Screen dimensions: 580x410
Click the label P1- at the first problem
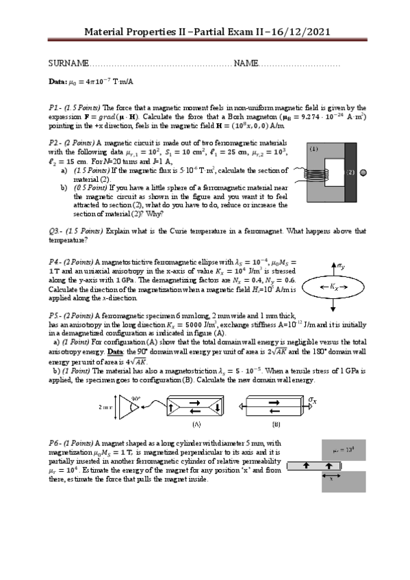(55, 108)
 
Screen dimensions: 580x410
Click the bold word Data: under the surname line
(57, 82)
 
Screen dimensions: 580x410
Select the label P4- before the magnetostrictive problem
(55, 261)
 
